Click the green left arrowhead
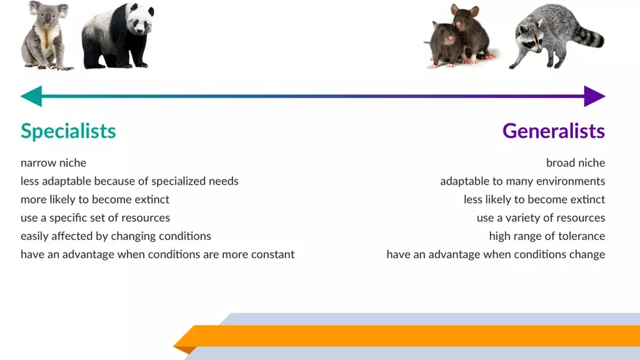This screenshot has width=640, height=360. click(31, 96)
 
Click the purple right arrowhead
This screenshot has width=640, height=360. click(594, 96)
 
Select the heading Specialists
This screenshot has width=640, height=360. click(68, 131)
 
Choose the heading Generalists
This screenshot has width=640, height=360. click(553, 131)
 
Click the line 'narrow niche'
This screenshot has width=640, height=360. click(53, 163)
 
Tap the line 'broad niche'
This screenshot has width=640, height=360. click(575, 163)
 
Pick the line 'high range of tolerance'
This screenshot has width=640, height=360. click(547, 236)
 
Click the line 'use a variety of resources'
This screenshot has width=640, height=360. click(540, 218)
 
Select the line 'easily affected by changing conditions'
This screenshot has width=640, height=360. click(116, 236)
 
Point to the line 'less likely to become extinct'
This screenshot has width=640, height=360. click(534, 199)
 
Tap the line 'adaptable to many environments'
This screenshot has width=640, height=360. click(522, 181)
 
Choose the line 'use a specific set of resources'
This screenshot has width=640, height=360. click(95, 218)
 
